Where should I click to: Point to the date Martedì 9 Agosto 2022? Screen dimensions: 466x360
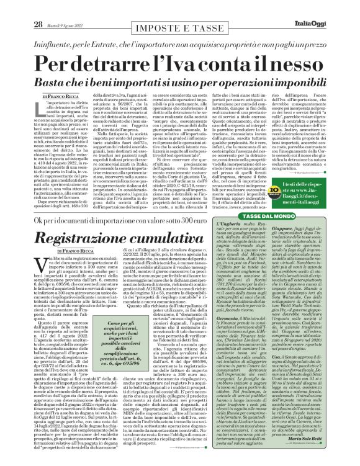[x=64, y=8]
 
